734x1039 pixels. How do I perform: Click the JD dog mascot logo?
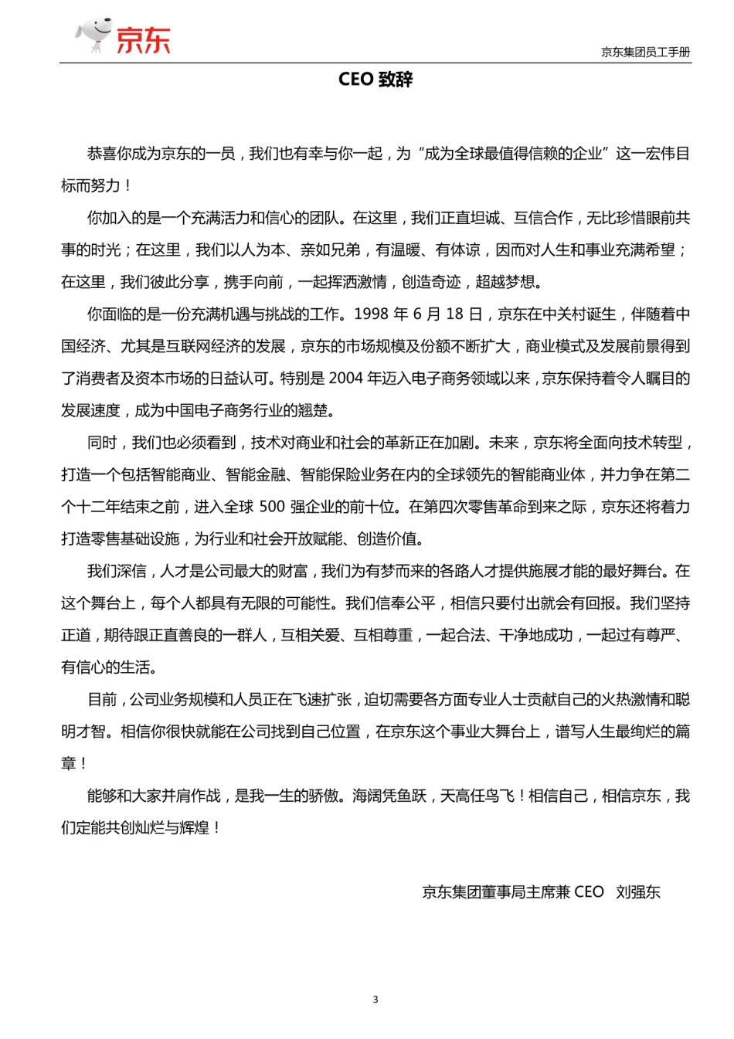coord(93,36)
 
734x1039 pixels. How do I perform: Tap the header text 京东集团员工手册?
coord(645,53)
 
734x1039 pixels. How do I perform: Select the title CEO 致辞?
coord(375,80)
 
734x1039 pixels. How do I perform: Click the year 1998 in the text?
coord(372,314)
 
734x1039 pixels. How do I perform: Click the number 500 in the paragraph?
coord(272,507)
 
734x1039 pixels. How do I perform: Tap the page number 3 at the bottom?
coord(375,1000)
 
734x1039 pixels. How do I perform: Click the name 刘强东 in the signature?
coord(638,892)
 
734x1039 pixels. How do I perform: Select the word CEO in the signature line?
coord(589,892)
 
